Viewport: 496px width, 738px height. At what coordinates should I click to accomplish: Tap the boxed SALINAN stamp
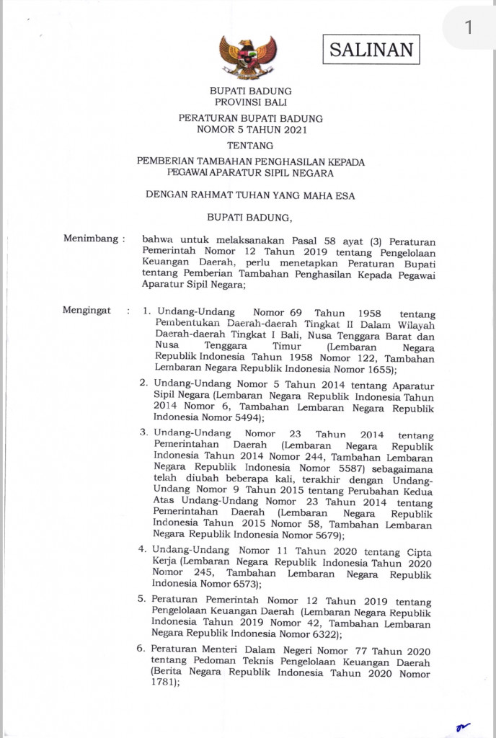pyautogui.click(x=371, y=50)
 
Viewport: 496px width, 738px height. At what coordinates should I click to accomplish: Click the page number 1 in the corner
pyautogui.click(x=468, y=27)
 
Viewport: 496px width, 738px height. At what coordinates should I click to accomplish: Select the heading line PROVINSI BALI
pyautogui.click(x=250, y=102)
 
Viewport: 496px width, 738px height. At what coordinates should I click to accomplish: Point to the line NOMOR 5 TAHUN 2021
pyautogui.click(x=251, y=130)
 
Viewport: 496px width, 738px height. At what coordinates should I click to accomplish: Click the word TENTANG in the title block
pyautogui.click(x=250, y=146)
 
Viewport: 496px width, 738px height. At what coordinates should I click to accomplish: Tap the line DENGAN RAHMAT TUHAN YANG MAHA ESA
pyautogui.click(x=250, y=195)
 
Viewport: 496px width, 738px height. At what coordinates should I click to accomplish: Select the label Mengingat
pyautogui.click(x=87, y=311)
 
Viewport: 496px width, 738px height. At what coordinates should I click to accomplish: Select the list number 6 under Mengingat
pyautogui.click(x=141, y=650)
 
